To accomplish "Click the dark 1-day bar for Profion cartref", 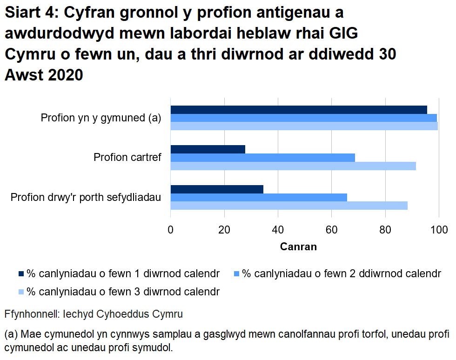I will [208, 149].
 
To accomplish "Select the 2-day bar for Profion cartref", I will [263, 158].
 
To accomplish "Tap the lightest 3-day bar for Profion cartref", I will [293, 166].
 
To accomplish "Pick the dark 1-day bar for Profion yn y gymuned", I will [299, 110].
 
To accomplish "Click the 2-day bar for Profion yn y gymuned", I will [304, 118].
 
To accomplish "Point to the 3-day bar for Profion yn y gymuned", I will [304, 126].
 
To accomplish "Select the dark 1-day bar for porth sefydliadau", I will [217, 189].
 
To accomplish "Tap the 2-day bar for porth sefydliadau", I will [259, 197].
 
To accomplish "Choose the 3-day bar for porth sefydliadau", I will [289, 206].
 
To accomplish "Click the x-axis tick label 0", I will [171, 229].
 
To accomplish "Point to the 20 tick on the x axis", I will [224, 229].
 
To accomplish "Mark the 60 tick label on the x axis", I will [331, 229].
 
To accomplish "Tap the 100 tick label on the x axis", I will [438, 229].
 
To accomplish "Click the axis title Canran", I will [298, 247].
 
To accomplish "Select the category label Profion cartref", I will [127, 158].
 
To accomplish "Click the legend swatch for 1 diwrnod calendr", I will [21, 273].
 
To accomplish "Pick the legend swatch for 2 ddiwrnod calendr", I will [237, 273].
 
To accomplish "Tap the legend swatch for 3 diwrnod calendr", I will [21, 292].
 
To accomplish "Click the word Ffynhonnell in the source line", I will [31, 314].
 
